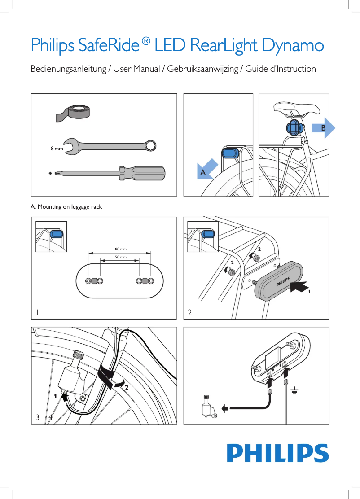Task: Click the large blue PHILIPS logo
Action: pyautogui.click(x=277, y=454)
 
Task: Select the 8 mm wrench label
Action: pyautogui.click(x=57, y=148)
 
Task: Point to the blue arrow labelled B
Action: pyautogui.click(x=324, y=128)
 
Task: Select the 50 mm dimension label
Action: pyautogui.click(x=120, y=258)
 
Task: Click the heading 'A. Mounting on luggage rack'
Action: pyautogui.click(x=66, y=207)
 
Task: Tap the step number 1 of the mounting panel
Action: pyautogui.click(x=38, y=312)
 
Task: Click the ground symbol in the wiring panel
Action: pyautogui.click(x=294, y=391)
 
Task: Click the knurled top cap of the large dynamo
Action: pyautogui.click(x=78, y=355)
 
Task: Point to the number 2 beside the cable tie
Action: pyautogui.click(x=127, y=387)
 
